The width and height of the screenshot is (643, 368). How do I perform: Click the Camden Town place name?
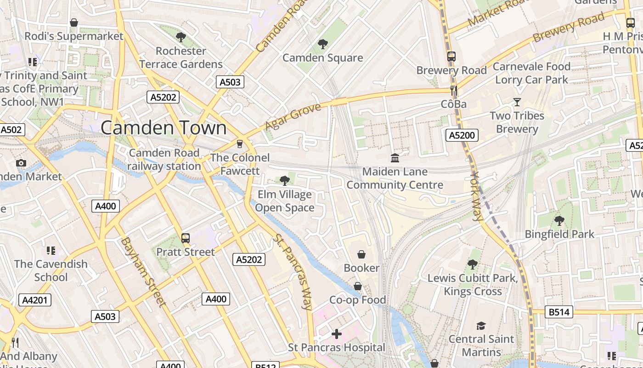pyautogui.click(x=164, y=128)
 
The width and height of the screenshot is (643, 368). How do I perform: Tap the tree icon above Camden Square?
pyautogui.click(x=323, y=44)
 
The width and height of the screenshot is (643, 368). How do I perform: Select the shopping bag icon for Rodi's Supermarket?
pyautogui.click(x=73, y=23)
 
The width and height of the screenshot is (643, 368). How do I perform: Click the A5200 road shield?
pyautogui.click(x=462, y=135)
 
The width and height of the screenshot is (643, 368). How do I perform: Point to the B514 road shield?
pyautogui.click(x=559, y=312)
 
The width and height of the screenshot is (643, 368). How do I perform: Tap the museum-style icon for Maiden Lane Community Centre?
pyautogui.click(x=395, y=158)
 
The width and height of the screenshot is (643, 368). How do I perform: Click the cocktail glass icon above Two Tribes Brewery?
pyautogui.click(x=517, y=102)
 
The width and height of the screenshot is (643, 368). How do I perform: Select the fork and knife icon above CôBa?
pyautogui.click(x=454, y=91)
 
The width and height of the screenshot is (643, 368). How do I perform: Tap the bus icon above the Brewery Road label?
pyautogui.click(x=451, y=57)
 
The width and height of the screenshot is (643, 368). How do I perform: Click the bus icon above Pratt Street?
pyautogui.click(x=186, y=238)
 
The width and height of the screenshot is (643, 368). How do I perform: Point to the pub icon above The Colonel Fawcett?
pyautogui.click(x=239, y=144)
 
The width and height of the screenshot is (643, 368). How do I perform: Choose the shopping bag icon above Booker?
pyautogui.click(x=361, y=254)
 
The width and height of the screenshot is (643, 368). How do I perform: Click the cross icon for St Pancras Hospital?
pyautogui.click(x=337, y=334)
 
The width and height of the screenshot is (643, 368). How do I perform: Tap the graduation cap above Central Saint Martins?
pyautogui.click(x=481, y=326)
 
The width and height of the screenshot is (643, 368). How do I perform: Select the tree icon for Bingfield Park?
pyautogui.click(x=559, y=221)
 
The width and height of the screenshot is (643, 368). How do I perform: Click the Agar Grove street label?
pyautogui.click(x=293, y=117)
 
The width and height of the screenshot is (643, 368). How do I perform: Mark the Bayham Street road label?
pyautogui.click(x=143, y=271)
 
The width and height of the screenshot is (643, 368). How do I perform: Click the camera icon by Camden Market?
pyautogui.click(x=21, y=163)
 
